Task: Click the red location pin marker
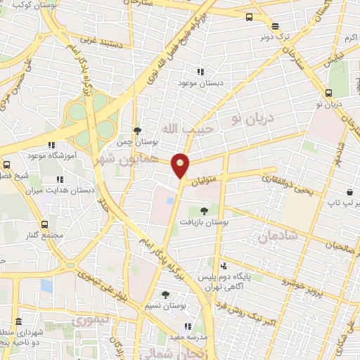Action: point(181,165)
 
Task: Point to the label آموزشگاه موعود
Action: point(46,155)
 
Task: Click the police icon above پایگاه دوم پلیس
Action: point(224,265)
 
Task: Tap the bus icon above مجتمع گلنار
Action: point(45,224)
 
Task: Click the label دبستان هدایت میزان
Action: point(70,190)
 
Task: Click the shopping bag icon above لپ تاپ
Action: point(350,192)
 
